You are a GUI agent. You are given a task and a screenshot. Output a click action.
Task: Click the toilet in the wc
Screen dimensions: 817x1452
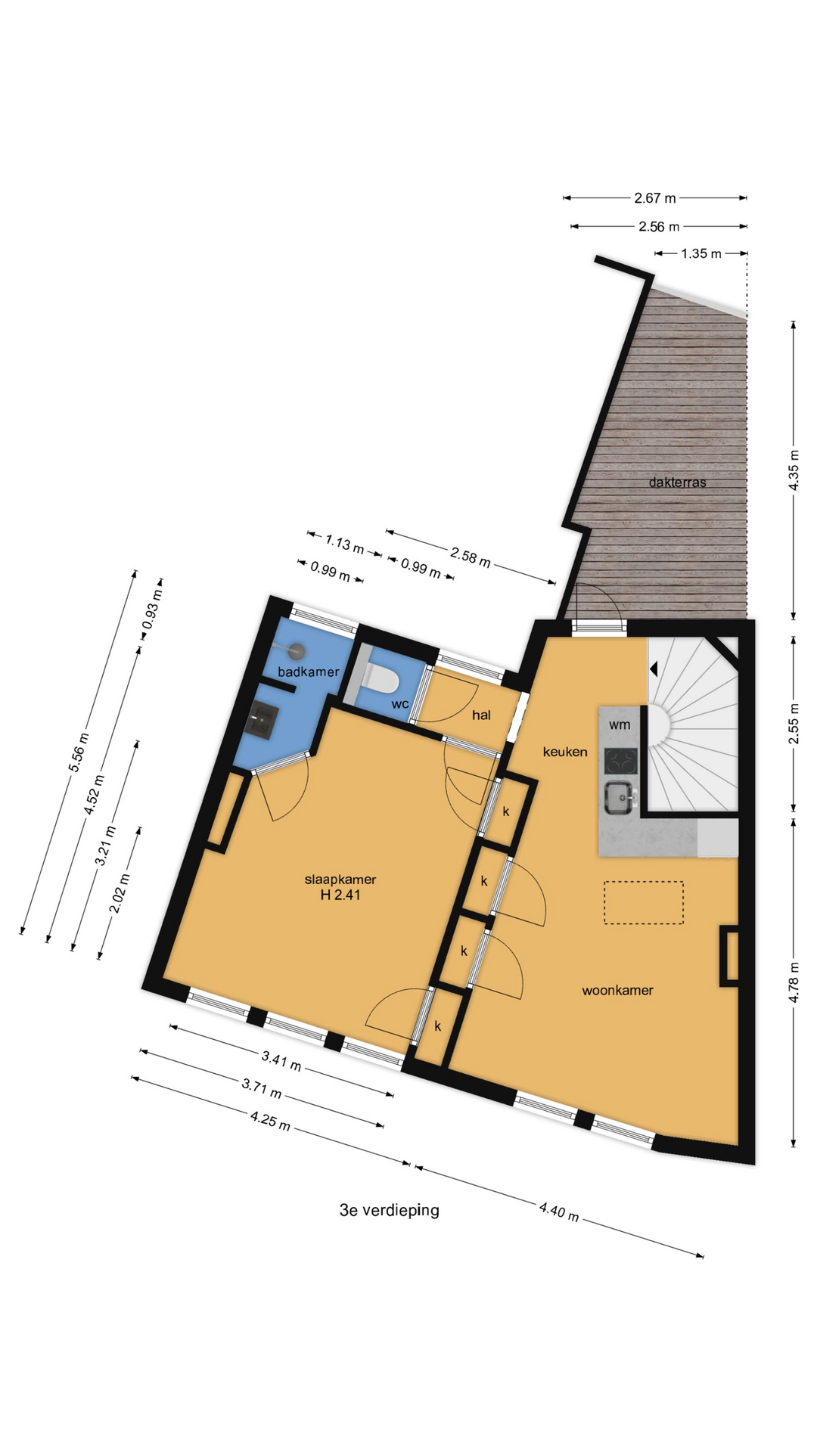coord(381,677)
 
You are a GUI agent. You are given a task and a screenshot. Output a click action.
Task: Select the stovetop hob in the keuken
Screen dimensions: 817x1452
coord(620,760)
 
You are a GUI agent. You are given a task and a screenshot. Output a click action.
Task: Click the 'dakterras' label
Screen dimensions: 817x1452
coord(677,482)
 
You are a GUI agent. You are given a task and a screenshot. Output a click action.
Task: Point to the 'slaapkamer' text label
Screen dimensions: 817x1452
coord(340,880)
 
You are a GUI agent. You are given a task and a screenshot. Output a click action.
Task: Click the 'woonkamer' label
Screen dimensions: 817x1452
coord(617,990)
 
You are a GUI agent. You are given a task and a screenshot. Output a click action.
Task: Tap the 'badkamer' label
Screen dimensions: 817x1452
coord(308,672)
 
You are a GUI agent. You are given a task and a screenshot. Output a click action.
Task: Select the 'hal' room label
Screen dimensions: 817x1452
coord(481,715)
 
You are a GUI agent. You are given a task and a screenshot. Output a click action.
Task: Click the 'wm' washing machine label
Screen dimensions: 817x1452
coord(620,724)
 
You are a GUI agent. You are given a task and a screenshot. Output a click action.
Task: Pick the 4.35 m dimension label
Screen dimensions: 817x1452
coord(794,470)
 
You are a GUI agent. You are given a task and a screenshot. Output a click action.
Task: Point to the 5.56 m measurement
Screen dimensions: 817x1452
coord(79,752)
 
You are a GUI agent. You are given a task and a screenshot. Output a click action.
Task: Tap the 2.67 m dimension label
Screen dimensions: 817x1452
coord(655,198)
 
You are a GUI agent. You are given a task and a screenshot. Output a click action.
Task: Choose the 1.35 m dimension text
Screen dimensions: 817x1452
coord(701,253)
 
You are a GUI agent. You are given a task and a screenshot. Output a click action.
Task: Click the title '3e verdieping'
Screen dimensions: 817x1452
coord(390,1210)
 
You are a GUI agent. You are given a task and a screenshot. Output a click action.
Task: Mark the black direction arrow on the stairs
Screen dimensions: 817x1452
coord(654,669)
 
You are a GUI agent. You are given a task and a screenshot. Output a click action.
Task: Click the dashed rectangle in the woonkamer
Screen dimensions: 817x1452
coord(644,902)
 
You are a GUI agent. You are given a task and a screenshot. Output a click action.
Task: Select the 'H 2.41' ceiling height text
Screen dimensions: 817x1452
coord(340,895)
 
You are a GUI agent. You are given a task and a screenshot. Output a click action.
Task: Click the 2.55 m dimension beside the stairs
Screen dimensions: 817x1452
coord(794,724)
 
